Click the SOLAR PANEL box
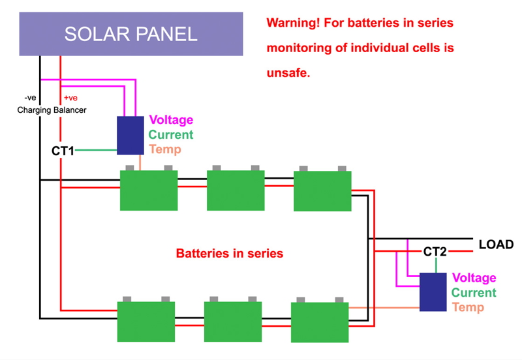tap(130, 34)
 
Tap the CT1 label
tap(63, 151)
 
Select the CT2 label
tap(435, 252)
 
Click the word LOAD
tap(496, 245)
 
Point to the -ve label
tap(30, 98)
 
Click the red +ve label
tap(70, 98)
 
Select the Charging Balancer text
tap(52, 110)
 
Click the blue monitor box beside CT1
tap(130, 136)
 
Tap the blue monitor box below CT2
tap(433, 292)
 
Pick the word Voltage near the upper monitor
tap(171, 120)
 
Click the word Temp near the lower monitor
tap(468, 307)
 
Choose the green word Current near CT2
tap(474, 293)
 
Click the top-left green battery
tap(149, 190)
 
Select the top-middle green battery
tap(236, 190)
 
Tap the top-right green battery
tap(322, 191)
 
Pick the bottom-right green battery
tap(320, 322)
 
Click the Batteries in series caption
tap(230, 253)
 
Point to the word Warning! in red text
tap(294, 23)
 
